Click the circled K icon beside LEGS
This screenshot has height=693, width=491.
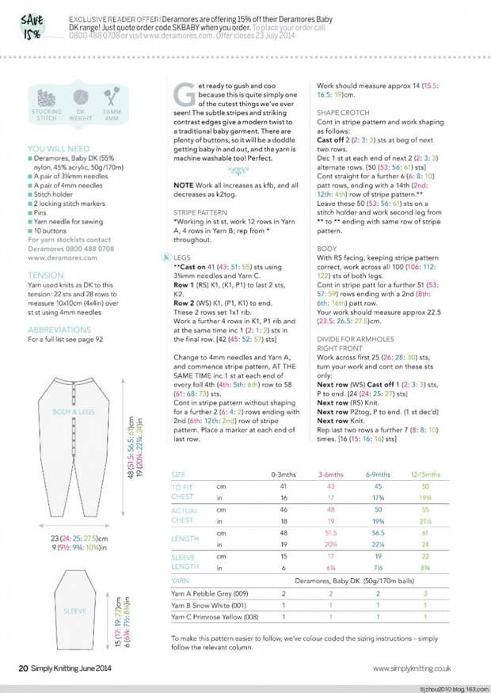[x=165, y=257]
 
